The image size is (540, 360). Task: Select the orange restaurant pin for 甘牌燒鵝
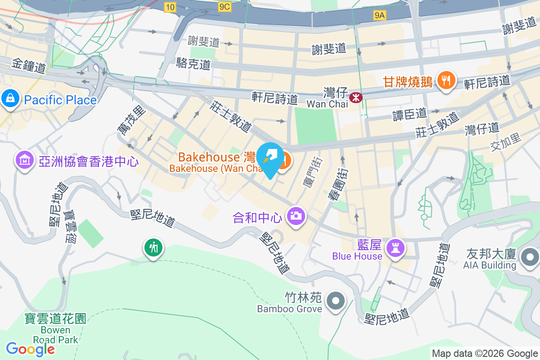pos(446,81)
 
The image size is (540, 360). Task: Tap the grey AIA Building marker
pos(529,257)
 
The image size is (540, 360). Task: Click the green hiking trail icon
pos(153,247)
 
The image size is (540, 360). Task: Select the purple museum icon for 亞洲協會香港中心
pos(25,160)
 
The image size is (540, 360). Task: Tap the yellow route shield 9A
pos(380,16)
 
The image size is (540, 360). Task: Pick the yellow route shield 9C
pos(224,7)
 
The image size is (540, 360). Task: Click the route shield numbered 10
pos(170,7)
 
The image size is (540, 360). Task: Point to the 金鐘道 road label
pos(29,66)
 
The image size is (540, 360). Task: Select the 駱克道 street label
pos(194,64)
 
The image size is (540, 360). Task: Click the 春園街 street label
pos(341,179)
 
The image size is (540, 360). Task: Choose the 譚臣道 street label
pos(410,114)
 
